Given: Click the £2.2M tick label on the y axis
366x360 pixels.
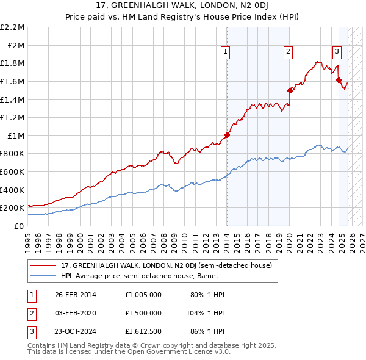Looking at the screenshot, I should click(x=13, y=27).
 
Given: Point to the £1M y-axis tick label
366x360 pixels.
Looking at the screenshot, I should click(x=16, y=135).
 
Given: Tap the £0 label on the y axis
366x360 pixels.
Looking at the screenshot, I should click(x=20, y=226).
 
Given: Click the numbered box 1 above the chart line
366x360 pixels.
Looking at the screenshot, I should click(x=226, y=52).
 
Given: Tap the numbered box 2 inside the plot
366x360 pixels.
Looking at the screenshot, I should click(x=287, y=52).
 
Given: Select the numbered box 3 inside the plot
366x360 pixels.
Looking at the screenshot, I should click(x=336, y=52).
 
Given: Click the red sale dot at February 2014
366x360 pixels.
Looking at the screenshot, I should click(x=228, y=135).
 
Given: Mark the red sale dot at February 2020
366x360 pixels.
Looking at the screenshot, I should click(x=290, y=90).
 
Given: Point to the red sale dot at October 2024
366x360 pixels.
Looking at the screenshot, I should click(x=339, y=79).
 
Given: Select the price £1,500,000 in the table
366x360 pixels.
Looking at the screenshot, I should click(x=142, y=313).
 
